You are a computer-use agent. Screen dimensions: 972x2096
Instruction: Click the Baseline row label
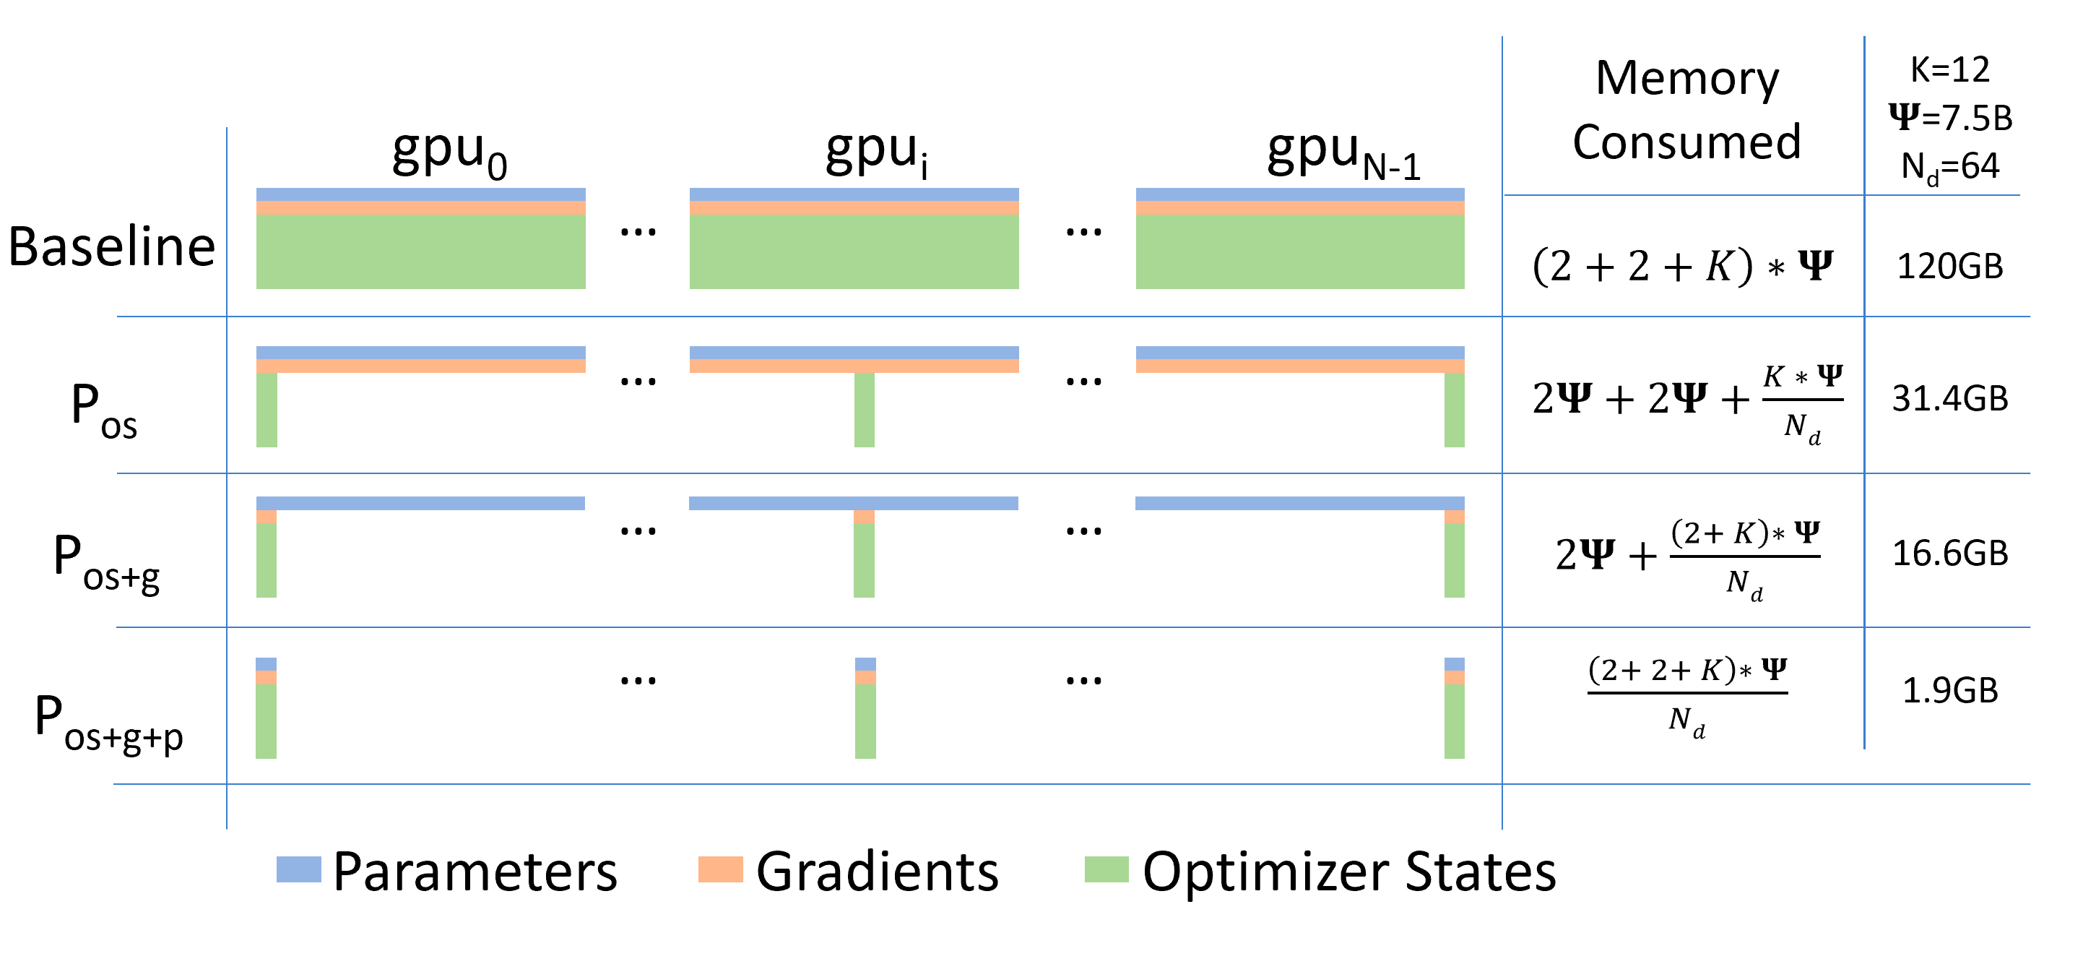[111, 246]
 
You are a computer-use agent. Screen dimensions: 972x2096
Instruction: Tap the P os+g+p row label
[109, 723]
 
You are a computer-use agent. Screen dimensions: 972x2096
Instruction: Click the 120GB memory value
[1949, 267]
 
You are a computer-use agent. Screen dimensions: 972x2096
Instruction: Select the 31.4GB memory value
[1949, 399]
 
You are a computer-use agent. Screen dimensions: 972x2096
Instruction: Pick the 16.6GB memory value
[1949, 554]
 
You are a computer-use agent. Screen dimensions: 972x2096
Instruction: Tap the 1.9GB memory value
[1949, 691]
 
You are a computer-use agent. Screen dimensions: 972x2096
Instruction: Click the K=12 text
[1949, 70]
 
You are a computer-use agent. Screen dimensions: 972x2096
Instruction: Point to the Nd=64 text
[1949, 167]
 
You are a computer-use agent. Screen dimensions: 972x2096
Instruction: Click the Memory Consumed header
[1686, 110]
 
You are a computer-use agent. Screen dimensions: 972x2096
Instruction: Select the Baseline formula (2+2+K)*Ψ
[1682, 267]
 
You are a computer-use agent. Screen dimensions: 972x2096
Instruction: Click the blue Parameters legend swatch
[298, 869]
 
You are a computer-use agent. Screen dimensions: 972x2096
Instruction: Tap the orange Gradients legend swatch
[720, 869]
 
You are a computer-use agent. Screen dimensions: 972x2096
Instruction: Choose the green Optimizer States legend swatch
[1106, 869]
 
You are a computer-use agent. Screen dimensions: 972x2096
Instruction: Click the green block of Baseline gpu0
[420, 251]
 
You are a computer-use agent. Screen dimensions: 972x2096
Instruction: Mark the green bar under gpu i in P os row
[864, 410]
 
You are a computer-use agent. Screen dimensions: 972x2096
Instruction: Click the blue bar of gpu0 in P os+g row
[420, 503]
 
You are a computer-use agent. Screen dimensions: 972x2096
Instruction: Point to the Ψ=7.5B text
[1949, 118]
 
